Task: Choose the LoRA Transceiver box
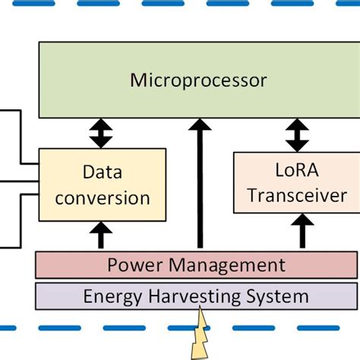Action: [x=293, y=182]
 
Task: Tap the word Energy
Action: [x=112, y=295]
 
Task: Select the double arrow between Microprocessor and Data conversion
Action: [x=100, y=133]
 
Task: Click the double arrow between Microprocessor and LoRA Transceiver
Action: [x=297, y=135]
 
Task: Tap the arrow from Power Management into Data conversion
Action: [x=100, y=235]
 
